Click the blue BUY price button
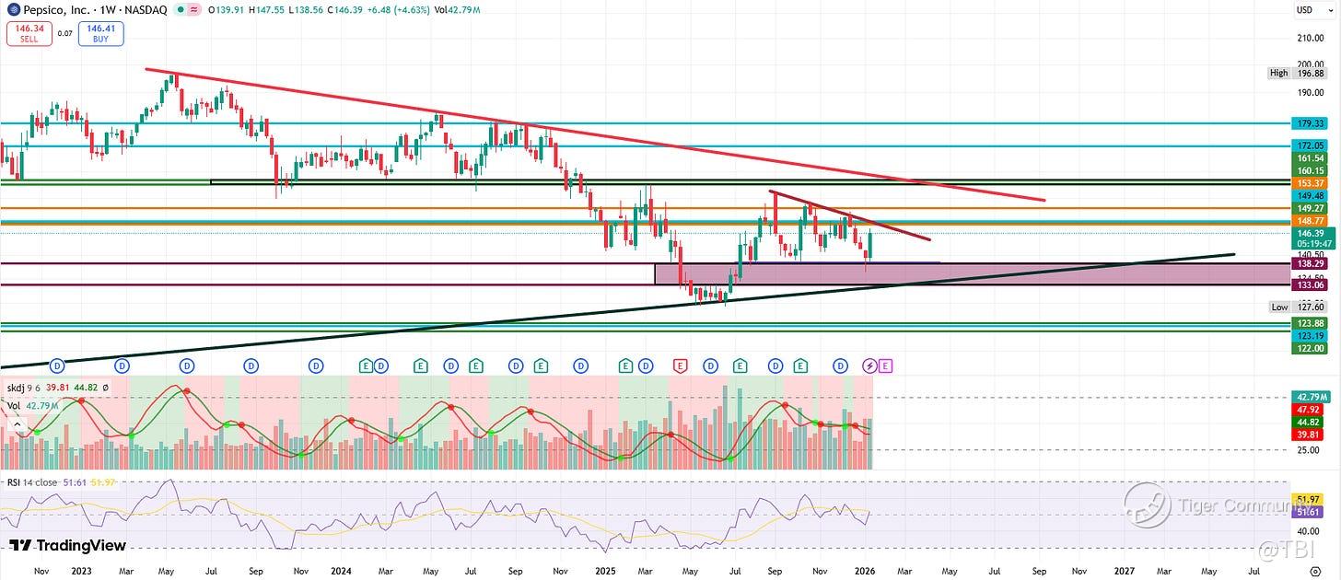pos(101,34)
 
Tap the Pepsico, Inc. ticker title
pos(57,9)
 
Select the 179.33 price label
pos(1309,122)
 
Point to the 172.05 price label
pos(1309,146)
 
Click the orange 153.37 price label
pos(1309,183)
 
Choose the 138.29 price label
pos(1309,264)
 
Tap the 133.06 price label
pos(1309,285)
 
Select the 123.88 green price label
pos(1309,323)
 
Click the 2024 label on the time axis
pos(341,571)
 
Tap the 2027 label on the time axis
pos(1124,571)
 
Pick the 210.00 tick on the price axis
pos(1310,39)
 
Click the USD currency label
pos(1304,10)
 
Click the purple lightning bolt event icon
pos(869,365)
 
